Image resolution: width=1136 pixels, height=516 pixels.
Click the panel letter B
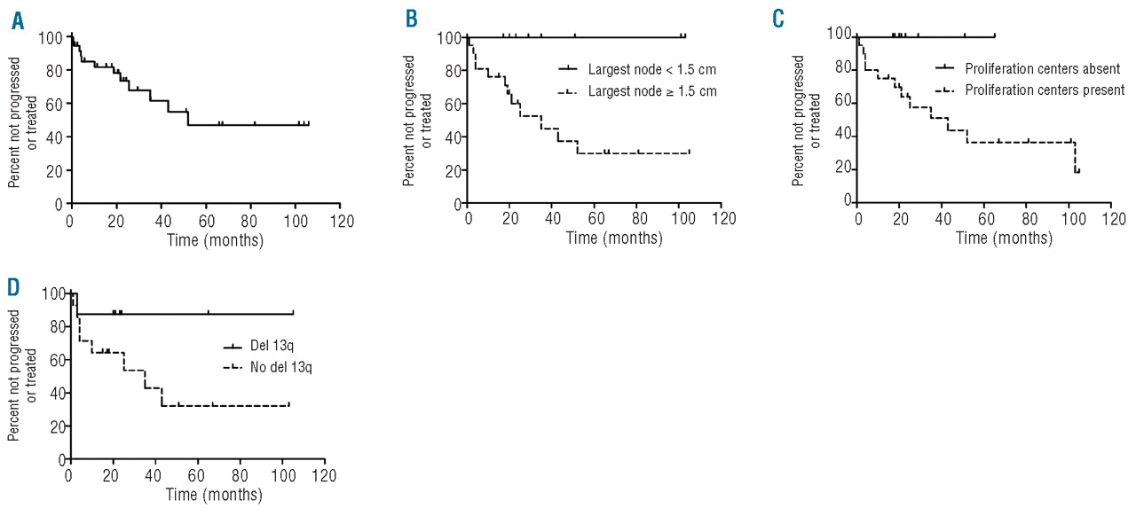411,20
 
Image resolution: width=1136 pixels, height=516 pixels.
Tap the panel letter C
779,20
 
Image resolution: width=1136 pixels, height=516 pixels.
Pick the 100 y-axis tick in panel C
840,34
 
